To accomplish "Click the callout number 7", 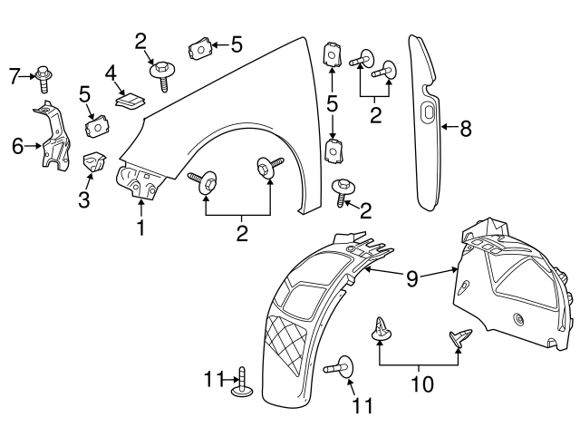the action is click(x=14, y=76).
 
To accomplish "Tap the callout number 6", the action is click(x=17, y=146).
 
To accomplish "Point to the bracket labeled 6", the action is click(x=54, y=137).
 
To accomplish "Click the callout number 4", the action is click(x=111, y=73).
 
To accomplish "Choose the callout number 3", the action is click(x=84, y=199).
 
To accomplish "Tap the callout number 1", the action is click(x=141, y=228).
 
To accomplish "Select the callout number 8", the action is click(x=466, y=129).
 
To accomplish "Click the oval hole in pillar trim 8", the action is click(x=429, y=112).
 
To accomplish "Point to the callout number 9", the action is click(x=411, y=278).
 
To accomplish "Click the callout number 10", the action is click(x=422, y=384).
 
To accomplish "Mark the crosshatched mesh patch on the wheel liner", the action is click(x=286, y=344).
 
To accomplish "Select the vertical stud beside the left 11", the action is click(x=242, y=383).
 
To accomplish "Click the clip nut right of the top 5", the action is click(x=200, y=48).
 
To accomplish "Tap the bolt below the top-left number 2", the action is click(x=162, y=75).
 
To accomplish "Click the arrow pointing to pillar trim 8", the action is click(x=450, y=127).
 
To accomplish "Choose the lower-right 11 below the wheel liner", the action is click(x=362, y=405).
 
